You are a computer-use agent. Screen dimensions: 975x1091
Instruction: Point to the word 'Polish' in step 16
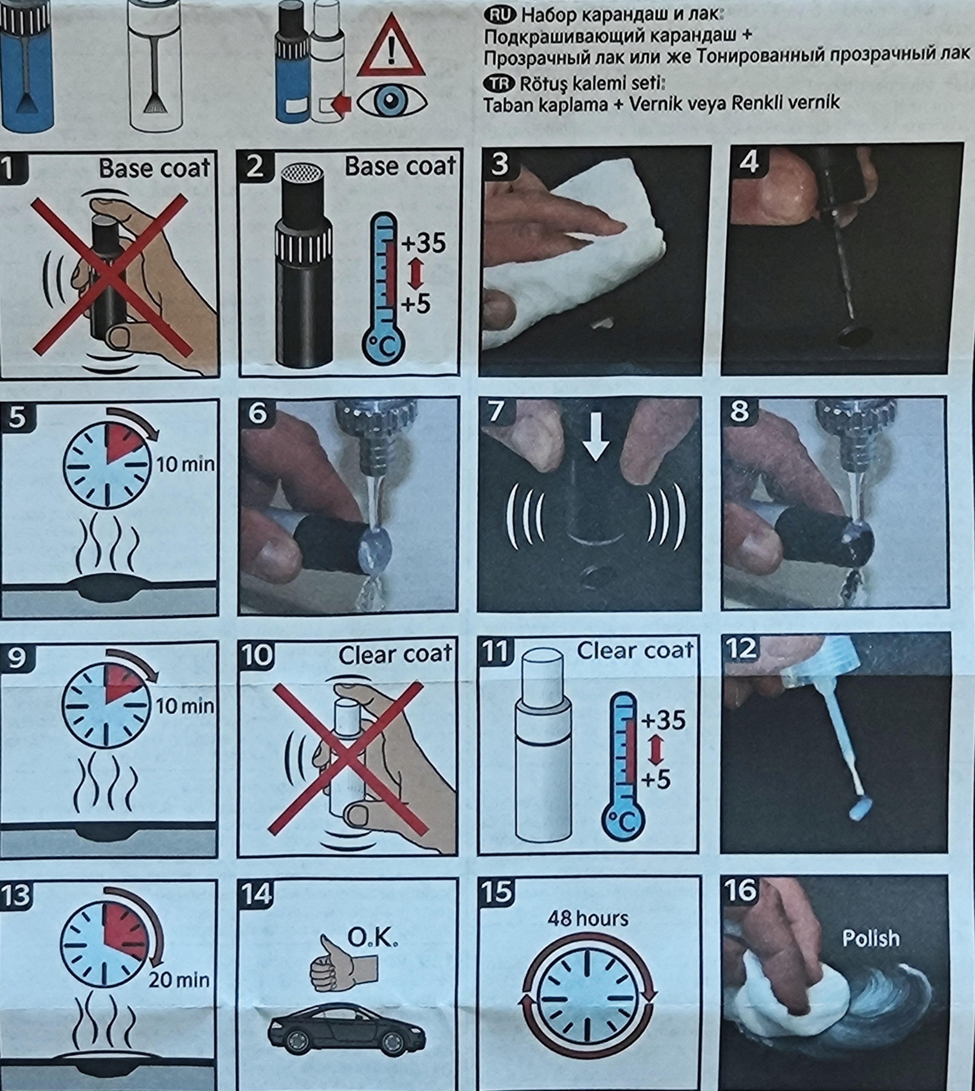(x=871, y=938)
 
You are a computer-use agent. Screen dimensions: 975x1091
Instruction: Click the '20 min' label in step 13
(x=179, y=981)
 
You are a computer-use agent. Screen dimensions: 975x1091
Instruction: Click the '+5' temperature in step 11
(x=656, y=780)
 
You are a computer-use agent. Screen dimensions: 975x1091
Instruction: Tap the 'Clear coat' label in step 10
(x=395, y=655)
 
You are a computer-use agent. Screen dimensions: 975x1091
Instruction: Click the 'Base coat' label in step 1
(x=154, y=168)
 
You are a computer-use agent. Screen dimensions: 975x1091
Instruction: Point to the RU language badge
(x=500, y=15)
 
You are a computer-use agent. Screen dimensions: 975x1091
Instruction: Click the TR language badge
(x=499, y=84)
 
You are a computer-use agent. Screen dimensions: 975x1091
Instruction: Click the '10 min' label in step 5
(x=185, y=464)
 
